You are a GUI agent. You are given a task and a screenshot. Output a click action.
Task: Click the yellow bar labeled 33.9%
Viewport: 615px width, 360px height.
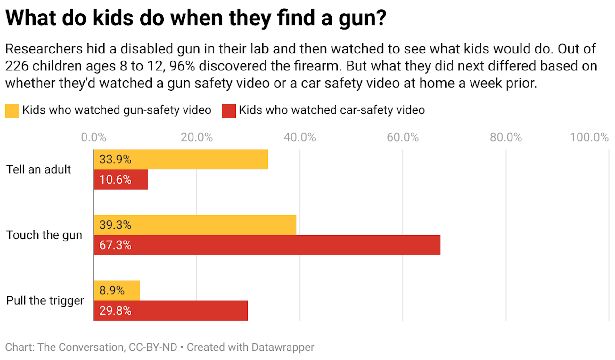coord(181,159)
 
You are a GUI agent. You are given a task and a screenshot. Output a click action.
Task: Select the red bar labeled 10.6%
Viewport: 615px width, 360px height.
coord(121,179)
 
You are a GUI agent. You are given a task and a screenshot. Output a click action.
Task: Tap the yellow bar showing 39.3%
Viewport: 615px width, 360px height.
coord(195,225)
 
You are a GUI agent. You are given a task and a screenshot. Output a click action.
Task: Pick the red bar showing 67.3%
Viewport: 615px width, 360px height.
coord(267,245)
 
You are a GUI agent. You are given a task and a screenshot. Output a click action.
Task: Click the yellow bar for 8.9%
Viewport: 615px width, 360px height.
coord(117,290)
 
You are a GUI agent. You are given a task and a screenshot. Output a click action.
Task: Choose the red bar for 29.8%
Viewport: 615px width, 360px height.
coord(171,310)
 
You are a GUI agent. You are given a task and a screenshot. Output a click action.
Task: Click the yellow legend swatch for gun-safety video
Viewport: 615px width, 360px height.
coord(12,111)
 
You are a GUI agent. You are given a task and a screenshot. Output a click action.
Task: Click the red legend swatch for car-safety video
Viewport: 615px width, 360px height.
coord(229,111)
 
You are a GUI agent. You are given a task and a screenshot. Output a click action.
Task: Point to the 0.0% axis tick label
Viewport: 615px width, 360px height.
coord(94,137)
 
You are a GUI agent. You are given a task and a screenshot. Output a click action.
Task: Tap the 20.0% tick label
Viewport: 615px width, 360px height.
coord(197,137)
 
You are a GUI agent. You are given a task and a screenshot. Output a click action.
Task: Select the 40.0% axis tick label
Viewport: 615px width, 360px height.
coord(300,137)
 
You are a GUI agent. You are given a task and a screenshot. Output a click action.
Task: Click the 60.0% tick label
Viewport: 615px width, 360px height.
coord(403,137)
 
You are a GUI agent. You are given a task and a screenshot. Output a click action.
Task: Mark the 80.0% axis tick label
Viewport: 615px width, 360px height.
coord(506,137)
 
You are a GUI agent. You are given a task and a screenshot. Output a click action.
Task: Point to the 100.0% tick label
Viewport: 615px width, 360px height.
coord(589,137)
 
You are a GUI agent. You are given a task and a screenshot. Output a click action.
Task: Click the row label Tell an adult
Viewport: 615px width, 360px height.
coord(38,169)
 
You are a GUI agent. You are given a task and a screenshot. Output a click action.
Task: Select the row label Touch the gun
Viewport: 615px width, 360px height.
coord(44,235)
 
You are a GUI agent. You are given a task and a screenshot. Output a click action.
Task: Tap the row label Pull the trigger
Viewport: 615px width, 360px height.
coord(45,300)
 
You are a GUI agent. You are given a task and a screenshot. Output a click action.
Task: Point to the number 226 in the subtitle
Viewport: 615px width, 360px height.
coord(17,66)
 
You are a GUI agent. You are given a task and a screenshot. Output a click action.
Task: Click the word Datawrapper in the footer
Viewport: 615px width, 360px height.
coord(283,347)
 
